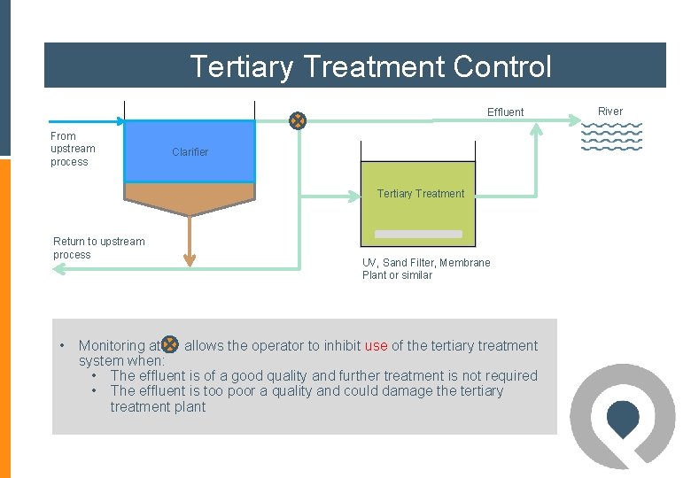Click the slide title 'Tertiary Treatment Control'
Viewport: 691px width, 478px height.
tap(370, 66)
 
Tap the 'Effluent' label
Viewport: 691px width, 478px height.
tap(505, 112)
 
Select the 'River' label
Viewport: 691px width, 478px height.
tap(609, 112)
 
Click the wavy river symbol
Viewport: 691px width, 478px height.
tap(610, 136)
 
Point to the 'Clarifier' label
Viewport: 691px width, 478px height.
tap(190, 152)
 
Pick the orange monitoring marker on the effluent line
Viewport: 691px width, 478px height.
tap(299, 120)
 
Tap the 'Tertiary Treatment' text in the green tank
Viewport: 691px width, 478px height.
tap(420, 194)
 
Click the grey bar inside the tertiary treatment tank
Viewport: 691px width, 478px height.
tap(418, 235)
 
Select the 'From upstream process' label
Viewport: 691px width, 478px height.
tap(72, 149)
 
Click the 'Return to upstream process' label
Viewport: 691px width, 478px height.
tap(98, 248)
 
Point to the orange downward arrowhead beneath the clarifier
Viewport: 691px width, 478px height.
tap(189, 260)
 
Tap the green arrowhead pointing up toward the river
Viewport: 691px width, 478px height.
tap(536, 129)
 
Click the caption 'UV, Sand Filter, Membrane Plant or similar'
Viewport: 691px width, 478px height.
tap(425, 268)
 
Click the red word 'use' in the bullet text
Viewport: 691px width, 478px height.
tap(376, 346)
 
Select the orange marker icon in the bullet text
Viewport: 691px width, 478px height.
tap(170, 345)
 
